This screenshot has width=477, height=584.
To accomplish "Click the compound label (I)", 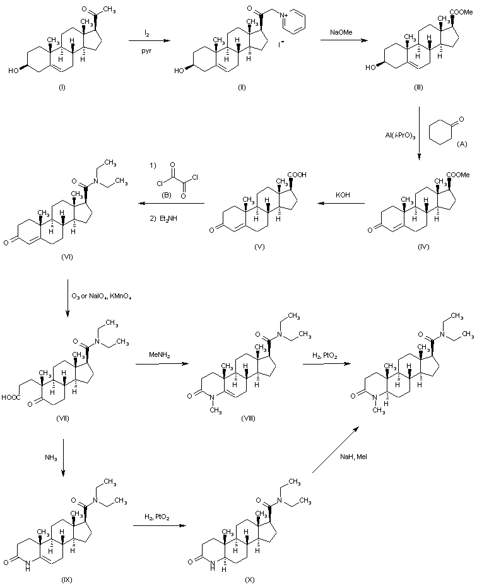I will tap(62, 86).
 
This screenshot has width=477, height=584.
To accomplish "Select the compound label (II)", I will tap(242, 86).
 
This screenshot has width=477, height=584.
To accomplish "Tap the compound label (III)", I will tap(418, 86).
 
